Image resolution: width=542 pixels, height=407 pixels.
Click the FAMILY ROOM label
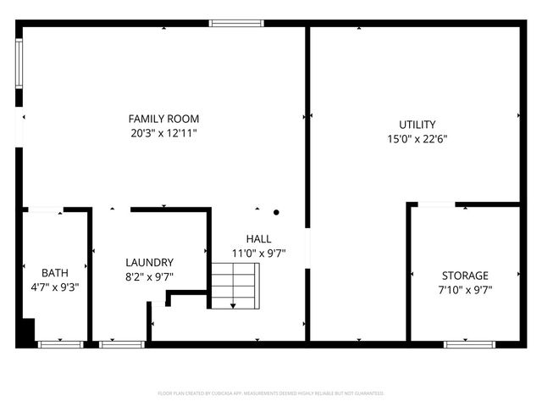pyautogui.click(x=163, y=119)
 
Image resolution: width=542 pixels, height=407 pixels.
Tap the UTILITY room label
pyautogui.click(x=417, y=125)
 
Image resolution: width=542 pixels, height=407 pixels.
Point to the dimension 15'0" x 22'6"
pyautogui.click(x=417, y=140)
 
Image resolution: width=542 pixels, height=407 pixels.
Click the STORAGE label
pyautogui.click(x=465, y=276)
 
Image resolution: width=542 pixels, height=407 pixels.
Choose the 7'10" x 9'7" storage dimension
pyautogui.click(x=465, y=290)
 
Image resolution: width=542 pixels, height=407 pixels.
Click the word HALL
pyautogui.click(x=258, y=238)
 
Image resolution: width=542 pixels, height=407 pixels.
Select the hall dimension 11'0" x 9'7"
pyautogui.click(x=258, y=253)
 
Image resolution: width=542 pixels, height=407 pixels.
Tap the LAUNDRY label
pyautogui.click(x=149, y=262)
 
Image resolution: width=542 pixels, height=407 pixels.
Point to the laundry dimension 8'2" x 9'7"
pyautogui.click(x=149, y=276)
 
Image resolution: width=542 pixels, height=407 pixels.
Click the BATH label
pyautogui.click(x=55, y=272)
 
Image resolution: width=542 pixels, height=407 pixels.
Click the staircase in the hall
pyautogui.click(x=234, y=285)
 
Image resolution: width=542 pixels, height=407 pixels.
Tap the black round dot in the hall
pyautogui.click(x=276, y=213)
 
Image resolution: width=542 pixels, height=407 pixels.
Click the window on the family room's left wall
pyautogui.click(x=19, y=63)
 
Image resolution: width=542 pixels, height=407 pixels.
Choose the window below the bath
pyautogui.click(x=59, y=344)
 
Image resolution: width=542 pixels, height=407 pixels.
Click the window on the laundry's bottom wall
pyautogui.click(x=121, y=344)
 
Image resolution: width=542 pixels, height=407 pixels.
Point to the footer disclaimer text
pyautogui.click(x=271, y=393)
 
